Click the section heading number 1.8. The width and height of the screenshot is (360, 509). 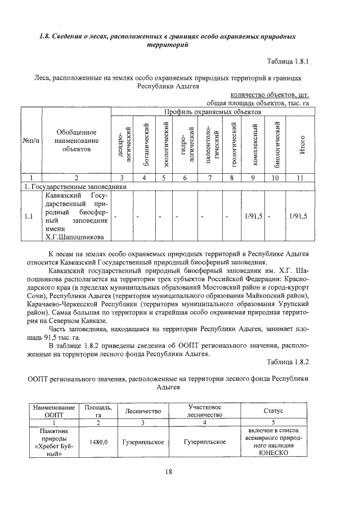pos(44,37)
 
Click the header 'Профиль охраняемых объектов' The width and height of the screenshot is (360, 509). pos(212,112)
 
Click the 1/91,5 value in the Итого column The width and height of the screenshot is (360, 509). pos(298,216)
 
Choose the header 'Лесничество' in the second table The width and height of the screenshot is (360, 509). pos(143,411)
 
